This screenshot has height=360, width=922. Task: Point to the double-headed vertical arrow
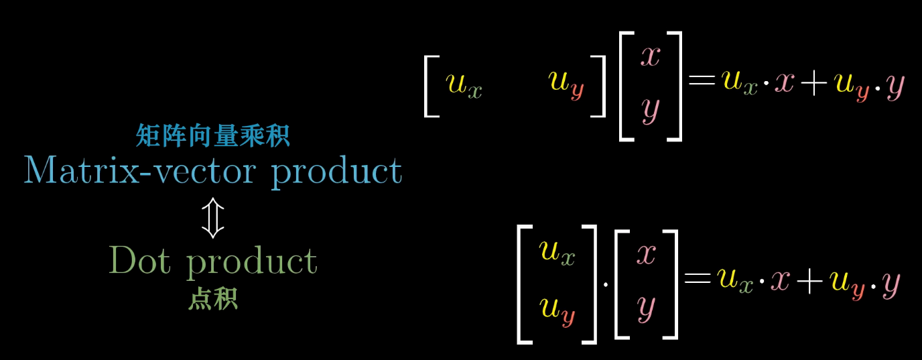pyautogui.click(x=212, y=218)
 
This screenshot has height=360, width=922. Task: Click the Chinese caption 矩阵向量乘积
pyautogui.click(x=212, y=137)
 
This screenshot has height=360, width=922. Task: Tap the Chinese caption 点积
pyautogui.click(x=212, y=300)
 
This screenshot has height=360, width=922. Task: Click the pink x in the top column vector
pyautogui.click(x=651, y=56)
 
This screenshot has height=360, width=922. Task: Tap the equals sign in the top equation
pyautogui.click(x=702, y=84)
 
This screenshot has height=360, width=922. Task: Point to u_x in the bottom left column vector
pyautogui.click(x=557, y=253)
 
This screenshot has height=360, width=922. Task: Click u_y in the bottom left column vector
pyautogui.click(x=557, y=309)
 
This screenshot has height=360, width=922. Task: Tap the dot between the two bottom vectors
pyautogui.click(x=606, y=284)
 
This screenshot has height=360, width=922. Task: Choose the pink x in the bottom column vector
pyautogui.click(x=646, y=253)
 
